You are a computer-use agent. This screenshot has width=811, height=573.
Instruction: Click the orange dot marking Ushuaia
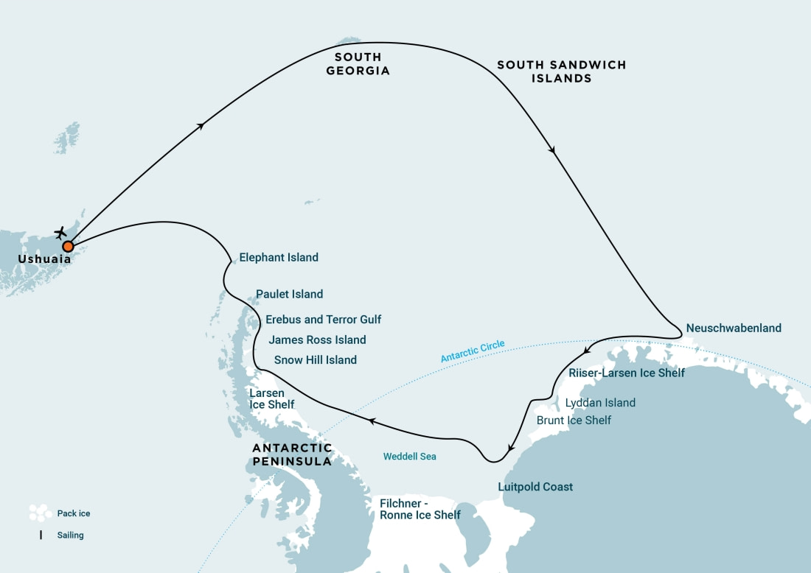tap(68, 246)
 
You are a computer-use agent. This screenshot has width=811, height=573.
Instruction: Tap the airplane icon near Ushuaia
tap(61, 233)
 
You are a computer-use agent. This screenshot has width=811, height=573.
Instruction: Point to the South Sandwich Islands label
tap(561, 71)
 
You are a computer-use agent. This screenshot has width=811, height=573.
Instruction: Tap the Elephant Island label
tap(279, 258)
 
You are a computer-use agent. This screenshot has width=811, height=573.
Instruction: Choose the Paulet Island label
tap(289, 295)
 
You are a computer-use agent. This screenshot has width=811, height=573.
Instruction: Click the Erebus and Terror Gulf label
tap(323, 320)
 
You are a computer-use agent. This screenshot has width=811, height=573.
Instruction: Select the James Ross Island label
tap(317, 340)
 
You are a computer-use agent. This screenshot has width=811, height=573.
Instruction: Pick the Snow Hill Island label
tap(315, 360)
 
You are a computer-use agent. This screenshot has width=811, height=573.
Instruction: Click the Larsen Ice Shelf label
tap(271, 398)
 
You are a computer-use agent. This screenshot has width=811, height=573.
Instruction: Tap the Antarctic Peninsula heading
tap(292, 454)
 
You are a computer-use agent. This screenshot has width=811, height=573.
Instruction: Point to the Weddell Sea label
tap(409, 457)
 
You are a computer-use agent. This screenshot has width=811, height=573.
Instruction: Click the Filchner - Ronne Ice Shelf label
tap(420, 509)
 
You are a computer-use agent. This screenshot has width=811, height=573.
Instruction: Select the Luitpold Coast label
tap(535, 487)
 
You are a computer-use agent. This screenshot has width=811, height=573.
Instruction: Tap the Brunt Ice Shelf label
tap(574, 421)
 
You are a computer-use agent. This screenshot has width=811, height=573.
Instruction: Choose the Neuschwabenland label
tap(733, 328)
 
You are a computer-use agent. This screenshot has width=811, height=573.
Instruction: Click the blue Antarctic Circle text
tap(473, 351)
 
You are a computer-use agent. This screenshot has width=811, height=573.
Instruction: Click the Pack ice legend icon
tap(39, 513)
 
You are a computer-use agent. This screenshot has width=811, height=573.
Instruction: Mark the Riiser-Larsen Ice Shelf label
tap(627, 373)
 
